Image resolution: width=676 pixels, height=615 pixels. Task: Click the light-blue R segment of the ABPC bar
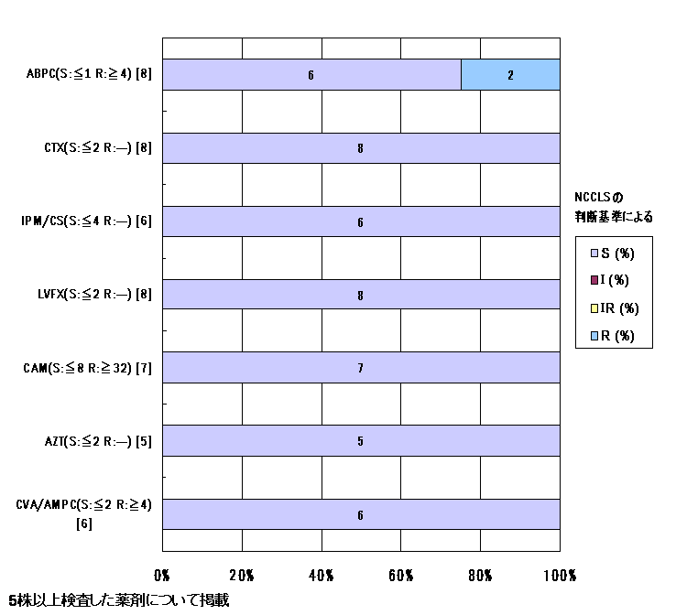(510, 74)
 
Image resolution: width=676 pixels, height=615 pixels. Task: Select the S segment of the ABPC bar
(311, 74)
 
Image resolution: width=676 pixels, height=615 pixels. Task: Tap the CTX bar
(361, 148)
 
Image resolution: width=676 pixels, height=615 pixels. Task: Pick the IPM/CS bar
(361, 221)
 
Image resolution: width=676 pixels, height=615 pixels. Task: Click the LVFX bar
(361, 295)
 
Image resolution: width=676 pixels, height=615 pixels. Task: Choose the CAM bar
(361, 368)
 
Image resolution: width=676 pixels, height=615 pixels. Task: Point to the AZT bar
(361, 440)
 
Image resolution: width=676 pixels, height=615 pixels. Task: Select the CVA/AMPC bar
(361, 514)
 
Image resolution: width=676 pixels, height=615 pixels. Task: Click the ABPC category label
(89, 73)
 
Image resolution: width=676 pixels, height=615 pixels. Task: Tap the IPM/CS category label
(86, 221)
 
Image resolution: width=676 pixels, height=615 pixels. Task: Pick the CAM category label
(88, 368)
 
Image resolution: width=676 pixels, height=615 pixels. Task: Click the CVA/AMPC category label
(83, 513)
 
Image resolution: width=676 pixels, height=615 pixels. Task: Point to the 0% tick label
(161, 575)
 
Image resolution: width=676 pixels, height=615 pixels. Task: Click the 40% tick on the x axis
(322, 575)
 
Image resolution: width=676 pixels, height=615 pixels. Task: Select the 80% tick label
(480, 575)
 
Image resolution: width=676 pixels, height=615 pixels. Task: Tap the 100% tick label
(560, 575)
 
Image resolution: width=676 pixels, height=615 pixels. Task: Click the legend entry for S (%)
(613, 254)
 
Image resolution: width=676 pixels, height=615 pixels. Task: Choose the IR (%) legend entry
(615, 308)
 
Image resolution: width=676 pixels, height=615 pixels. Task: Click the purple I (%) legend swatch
(594, 281)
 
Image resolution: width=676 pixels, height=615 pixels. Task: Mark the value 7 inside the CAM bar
(360, 368)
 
